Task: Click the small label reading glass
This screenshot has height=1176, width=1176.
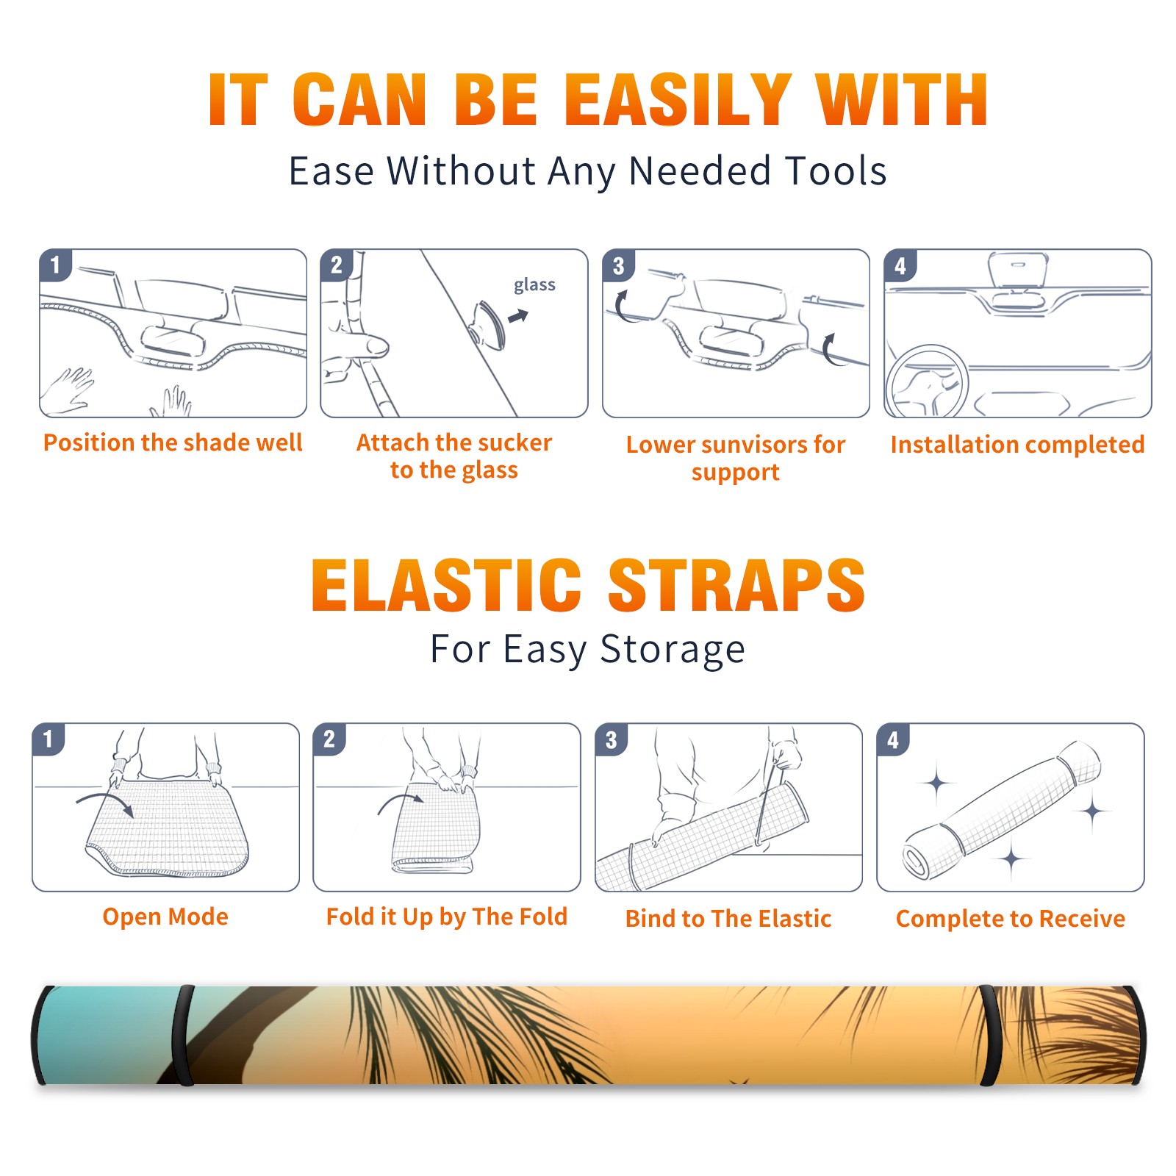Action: point(534,285)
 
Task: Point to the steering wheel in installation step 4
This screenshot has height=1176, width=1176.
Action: point(927,383)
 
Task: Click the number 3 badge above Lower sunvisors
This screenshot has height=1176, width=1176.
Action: point(618,265)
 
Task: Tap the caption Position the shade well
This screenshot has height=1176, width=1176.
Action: point(173,442)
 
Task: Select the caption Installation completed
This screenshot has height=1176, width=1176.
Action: point(1017,445)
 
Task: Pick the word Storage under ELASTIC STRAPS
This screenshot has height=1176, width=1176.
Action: point(673,650)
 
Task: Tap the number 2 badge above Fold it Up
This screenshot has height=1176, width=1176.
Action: point(329,739)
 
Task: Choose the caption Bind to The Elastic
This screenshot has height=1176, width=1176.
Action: point(728,919)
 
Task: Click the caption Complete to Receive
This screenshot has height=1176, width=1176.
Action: point(1011,919)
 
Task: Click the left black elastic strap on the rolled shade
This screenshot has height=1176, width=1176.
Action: point(184,1036)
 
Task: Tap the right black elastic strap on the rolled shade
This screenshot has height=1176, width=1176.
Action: point(991,1036)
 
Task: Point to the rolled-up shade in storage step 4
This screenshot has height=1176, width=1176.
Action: point(1001,810)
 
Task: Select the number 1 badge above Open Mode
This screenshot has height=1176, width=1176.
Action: point(48,739)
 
